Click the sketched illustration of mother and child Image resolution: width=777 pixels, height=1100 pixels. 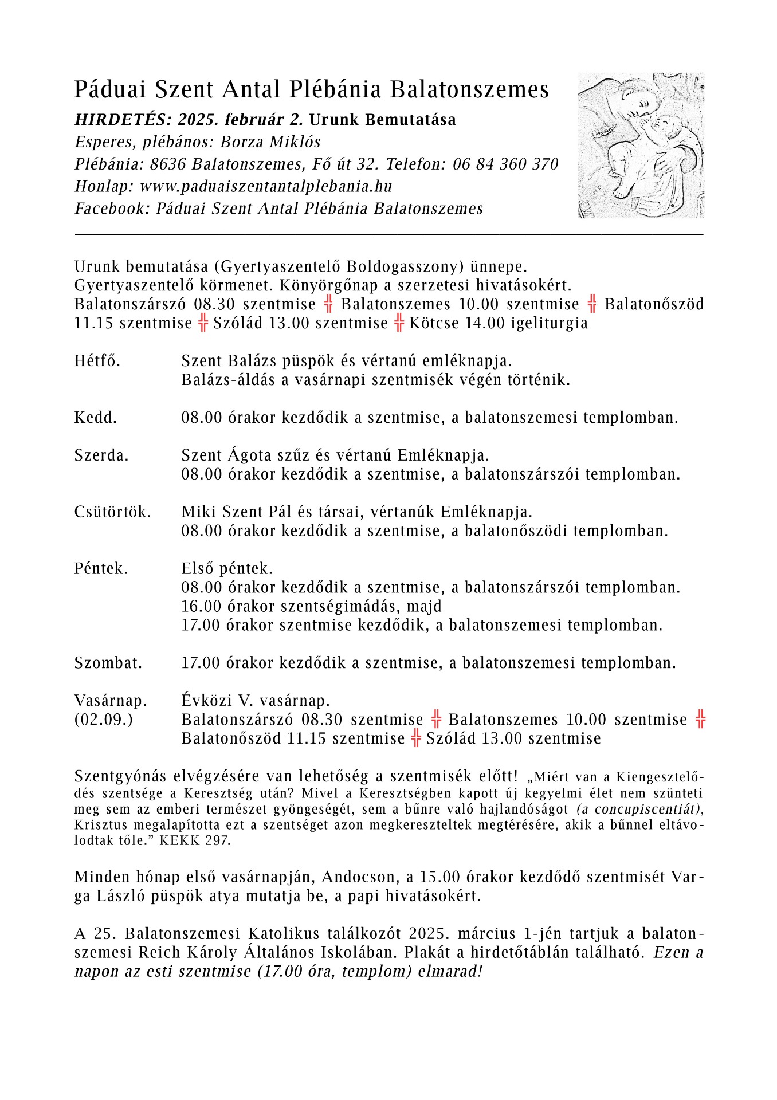point(641,145)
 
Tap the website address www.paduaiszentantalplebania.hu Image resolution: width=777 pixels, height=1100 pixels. point(266,186)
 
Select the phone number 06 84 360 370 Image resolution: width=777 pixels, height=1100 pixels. point(505,164)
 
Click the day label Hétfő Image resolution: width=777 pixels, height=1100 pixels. point(97,361)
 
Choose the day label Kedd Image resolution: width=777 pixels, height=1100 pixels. point(96,418)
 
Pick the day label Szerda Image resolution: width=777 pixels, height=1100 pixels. point(101,455)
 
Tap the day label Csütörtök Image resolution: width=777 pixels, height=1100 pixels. point(112,512)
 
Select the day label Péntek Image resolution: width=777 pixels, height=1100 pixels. point(101,568)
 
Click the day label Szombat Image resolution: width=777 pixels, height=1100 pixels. point(108,663)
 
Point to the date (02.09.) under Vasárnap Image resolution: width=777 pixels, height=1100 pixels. point(103,720)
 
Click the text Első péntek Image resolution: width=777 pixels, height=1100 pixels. point(227,568)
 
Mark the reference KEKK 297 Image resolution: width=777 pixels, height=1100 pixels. point(195,840)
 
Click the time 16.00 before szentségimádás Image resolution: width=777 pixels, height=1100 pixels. point(201,606)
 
